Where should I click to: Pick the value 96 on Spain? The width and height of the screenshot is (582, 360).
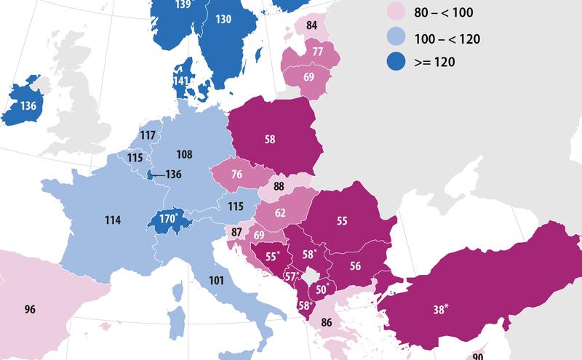(x=29, y=309)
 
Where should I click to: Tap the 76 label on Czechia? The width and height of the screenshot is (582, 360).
(x=236, y=176)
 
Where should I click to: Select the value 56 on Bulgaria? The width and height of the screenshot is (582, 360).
(x=355, y=266)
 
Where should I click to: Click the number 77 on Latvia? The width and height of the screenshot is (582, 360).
(x=317, y=52)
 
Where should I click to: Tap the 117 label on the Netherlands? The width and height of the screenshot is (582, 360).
(x=148, y=135)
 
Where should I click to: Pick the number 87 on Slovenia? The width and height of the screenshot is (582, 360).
(x=236, y=232)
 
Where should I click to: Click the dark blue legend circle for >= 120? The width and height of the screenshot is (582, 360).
(x=396, y=62)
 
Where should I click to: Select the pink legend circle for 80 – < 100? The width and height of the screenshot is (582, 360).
(x=396, y=14)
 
